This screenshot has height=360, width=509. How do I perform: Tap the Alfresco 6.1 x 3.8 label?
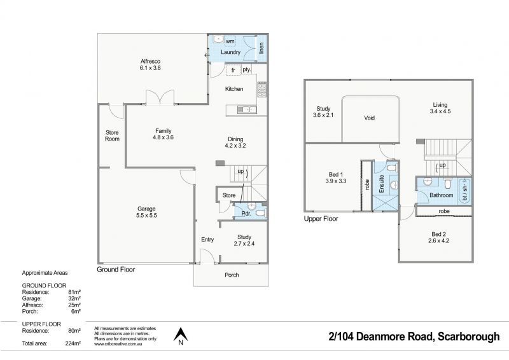150,65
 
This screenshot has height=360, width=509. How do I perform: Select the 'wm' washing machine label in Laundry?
230,41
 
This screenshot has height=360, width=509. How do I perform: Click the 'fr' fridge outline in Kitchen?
233,70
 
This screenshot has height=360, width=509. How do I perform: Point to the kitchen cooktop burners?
262,89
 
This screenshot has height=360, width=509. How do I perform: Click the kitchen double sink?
247,110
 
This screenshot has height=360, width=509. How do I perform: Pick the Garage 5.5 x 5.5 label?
146,212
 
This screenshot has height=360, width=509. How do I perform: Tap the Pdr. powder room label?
246,214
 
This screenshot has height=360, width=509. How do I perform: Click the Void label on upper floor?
370,118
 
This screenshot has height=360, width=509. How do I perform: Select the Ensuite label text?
381,184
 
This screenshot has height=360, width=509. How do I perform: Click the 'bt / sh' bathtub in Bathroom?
464,191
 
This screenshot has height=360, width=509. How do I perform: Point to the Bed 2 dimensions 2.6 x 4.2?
438,241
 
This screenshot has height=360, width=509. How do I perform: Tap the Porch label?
232,275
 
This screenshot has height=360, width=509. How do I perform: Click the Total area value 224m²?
73,343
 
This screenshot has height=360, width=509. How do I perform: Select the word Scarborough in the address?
469,336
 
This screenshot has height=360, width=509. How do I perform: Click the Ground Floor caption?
116,270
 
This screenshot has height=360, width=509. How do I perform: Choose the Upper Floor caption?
321,219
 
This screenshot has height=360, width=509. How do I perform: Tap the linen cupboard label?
261,48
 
